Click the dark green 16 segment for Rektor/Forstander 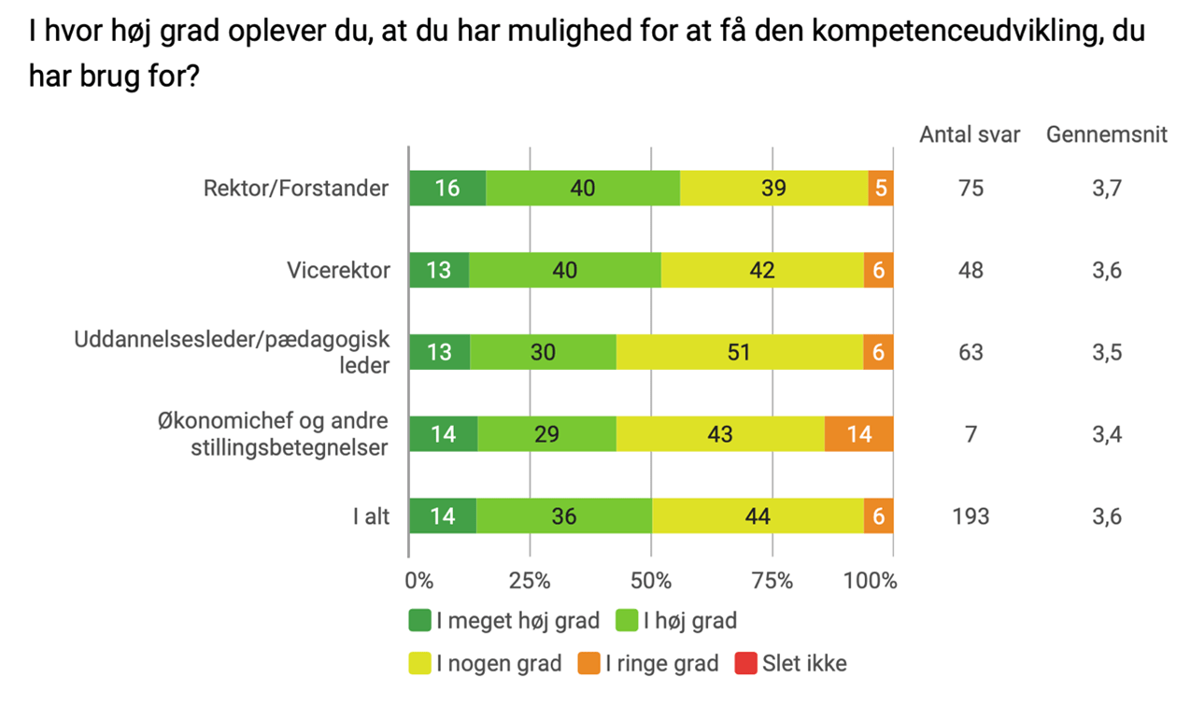pyautogui.click(x=447, y=189)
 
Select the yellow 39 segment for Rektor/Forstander pyautogui.click(x=773, y=189)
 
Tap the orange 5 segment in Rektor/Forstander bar pyautogui.click(x=881, y=189)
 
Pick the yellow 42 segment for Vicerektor pyautogui.click(x=762, y=271)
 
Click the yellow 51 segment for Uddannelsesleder pyautogui.click(x=739, y=352)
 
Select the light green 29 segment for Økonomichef pyautogui.click(x=546, y=434)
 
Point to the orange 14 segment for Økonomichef pyautogui.click(x=859, y=434)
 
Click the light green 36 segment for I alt pyautogui.click(x=564, y=515)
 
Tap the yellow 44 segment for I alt pyautogui.click(x=758, y=515)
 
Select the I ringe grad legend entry pyautogui.click(x=650, y=664)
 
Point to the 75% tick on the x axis pyautogui.click(x=772, y=581)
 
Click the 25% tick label pyautogui.click(x=530, y=581)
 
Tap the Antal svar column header pyautogui.click(x=970, y=135)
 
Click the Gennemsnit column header pyautogui.click(x=1107, y=135)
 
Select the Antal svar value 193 pyautogui.click(x=970, y=516)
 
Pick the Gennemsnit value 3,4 pyautogui.click(x=1107, y=434)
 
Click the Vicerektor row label pyautogui.click(x=337, y=271)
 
